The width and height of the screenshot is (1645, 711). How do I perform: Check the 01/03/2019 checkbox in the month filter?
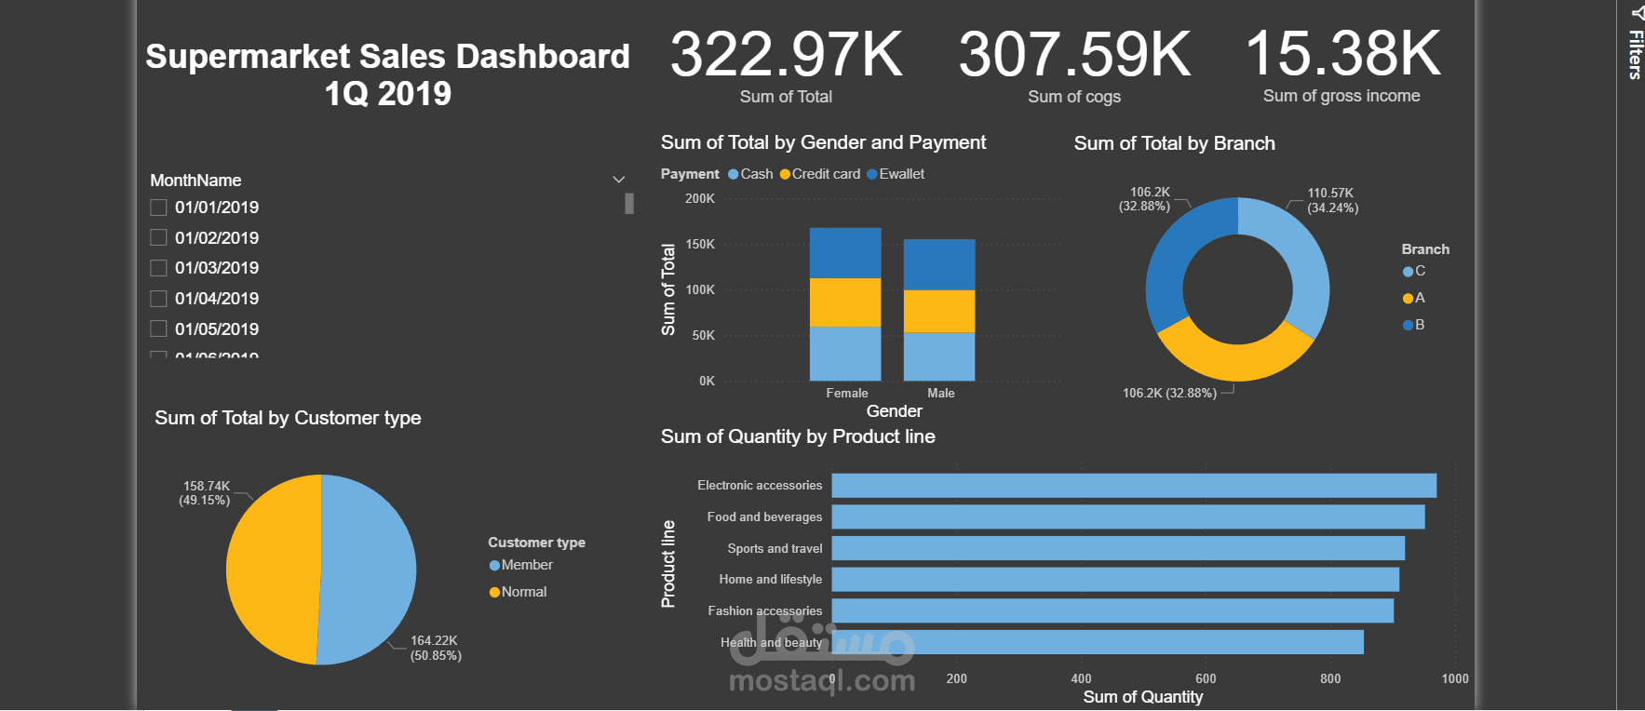(159, 268)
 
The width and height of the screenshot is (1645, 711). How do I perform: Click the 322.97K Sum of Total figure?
(786, 55)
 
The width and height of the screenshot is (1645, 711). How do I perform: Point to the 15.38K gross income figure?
(1342, 54)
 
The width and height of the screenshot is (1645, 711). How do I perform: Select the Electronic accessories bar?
(1133, 486)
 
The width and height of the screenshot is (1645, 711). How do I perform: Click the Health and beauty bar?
(1097, 642)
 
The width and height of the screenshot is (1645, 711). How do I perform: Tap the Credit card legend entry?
(820, 174)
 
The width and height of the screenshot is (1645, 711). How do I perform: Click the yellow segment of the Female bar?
(845, 302)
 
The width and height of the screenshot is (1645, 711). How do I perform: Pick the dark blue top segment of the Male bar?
(939, 264)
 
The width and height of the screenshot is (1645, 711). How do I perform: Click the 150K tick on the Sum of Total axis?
(700, 244)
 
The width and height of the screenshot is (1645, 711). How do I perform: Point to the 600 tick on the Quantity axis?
(1206, 678)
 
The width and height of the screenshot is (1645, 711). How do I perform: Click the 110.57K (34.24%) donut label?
(1332, 200)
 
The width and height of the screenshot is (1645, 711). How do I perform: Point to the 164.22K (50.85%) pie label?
(436, 648)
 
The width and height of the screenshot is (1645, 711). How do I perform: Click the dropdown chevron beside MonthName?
(618, 180)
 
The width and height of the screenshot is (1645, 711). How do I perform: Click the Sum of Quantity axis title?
(1142, 697)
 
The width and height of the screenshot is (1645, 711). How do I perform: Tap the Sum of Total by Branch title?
(1174, 143)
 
